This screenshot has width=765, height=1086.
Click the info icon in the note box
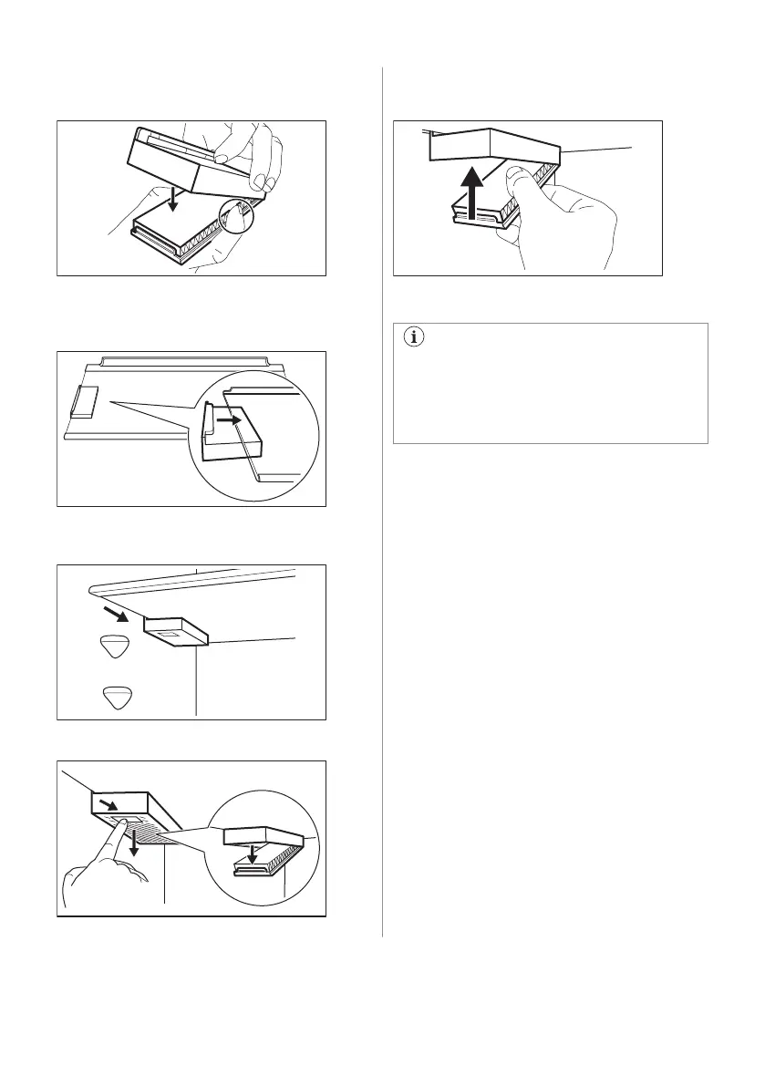416,337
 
